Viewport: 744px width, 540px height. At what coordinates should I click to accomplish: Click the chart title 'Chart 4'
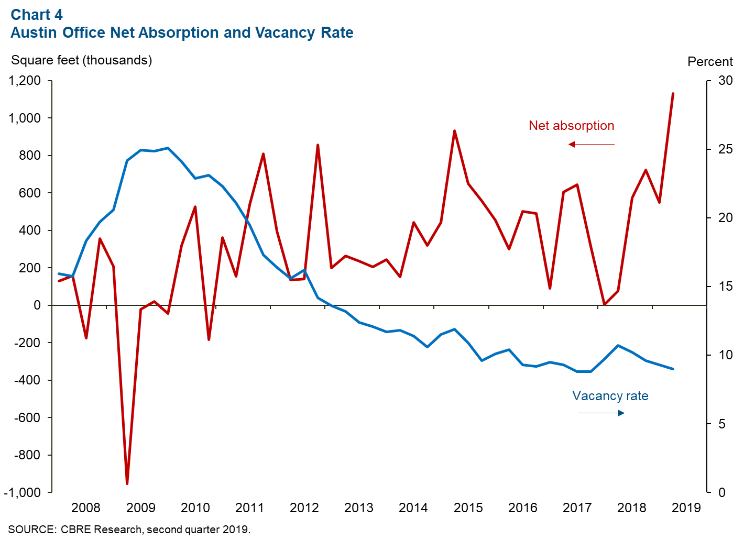coord(37,14)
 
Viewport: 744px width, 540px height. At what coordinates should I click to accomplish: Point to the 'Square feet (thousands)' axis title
coord(81,60)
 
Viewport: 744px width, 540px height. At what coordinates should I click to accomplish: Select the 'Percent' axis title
coord(710,62)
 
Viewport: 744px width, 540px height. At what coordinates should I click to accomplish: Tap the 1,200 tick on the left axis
coord(25,81)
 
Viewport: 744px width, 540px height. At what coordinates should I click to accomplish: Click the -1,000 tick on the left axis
coord(23,492)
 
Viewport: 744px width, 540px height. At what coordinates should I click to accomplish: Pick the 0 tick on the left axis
coord(37,305)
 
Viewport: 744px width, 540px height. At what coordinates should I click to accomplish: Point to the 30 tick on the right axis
coord(726,81)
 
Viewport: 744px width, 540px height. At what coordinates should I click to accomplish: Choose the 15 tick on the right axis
coord(726,286)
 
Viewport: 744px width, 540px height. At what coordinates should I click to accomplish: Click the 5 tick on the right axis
coord(722,424)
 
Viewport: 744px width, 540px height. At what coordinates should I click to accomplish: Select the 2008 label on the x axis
coord(86,508)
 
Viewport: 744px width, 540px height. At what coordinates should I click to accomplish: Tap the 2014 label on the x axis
coord(413,508)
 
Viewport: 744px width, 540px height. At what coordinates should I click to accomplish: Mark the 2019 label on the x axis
coord(686,508)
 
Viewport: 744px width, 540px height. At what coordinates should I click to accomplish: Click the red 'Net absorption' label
coord(571,126)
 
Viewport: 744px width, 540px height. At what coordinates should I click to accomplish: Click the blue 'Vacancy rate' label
coord(610,396)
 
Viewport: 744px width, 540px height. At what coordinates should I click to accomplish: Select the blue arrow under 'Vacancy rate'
coord(601,413)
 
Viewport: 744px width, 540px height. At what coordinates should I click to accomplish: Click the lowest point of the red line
coord(127,483)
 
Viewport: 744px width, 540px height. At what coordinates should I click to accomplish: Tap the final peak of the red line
coord(673,94)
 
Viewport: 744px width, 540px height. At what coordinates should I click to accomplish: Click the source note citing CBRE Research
coord(129,530)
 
